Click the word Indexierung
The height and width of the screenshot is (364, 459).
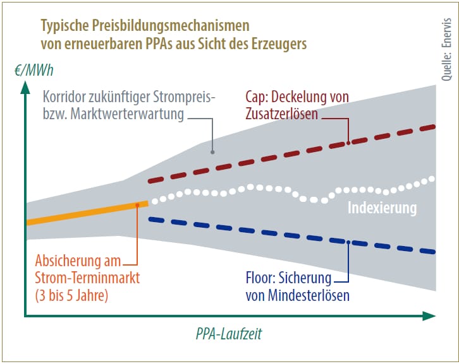(x=382, y=208)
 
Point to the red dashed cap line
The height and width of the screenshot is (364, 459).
(x=291, y=153)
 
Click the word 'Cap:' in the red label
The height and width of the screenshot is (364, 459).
(x=258, y=98)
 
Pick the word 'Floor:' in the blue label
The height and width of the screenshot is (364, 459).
(x=260, y=278)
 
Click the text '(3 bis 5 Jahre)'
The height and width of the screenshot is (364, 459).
(x=71, y=295)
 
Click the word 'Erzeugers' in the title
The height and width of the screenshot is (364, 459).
(x=281, y=44)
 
